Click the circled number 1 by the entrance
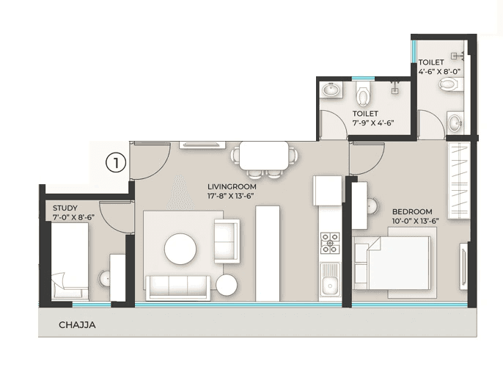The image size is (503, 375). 116,162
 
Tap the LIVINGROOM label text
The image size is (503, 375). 232,187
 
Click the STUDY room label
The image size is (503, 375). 65,208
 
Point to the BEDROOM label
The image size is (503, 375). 412,211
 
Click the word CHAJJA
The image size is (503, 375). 78,324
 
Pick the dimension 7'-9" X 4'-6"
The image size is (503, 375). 373,123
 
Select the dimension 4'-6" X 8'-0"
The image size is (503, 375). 439,72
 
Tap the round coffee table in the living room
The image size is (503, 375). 180,249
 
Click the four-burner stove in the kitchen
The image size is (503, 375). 331,241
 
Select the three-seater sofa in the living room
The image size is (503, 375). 177,286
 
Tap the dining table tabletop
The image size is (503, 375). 264,155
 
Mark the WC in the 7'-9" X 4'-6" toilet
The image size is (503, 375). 363,95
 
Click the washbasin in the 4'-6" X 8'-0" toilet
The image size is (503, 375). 455,121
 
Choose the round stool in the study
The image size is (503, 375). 106,277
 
